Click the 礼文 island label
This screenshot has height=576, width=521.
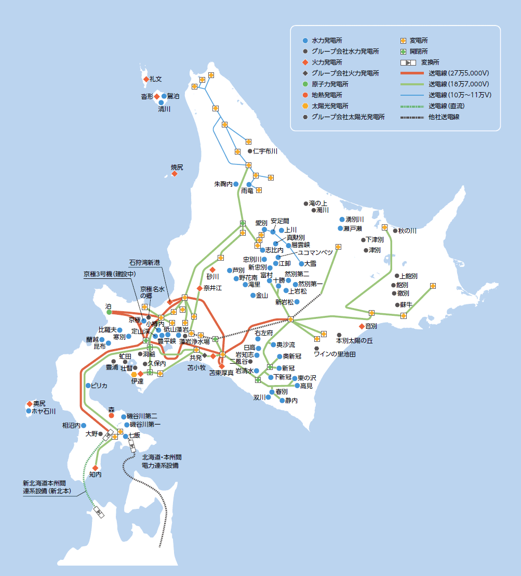point(156,79)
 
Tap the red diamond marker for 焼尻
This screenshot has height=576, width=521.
point(175,174)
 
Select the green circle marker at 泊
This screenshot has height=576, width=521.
point(109,313)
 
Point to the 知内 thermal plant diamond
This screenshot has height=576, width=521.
point(96,468)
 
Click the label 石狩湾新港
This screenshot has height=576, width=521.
point(146,263)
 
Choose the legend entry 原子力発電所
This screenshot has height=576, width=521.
point(330,84)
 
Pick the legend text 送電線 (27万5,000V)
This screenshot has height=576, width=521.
point(460,73)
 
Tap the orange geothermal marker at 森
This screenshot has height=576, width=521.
point(111,416)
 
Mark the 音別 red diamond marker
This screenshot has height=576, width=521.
point(362,326)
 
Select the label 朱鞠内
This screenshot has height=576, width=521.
point(223,184)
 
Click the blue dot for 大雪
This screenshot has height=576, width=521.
point(301,264)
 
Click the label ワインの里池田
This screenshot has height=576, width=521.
point(335,354)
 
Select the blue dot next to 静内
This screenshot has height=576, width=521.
point(282,401)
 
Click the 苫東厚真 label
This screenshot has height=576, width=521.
point(221,373)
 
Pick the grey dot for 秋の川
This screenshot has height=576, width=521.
point(395,231)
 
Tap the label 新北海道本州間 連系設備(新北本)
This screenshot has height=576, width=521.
point(49,487)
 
